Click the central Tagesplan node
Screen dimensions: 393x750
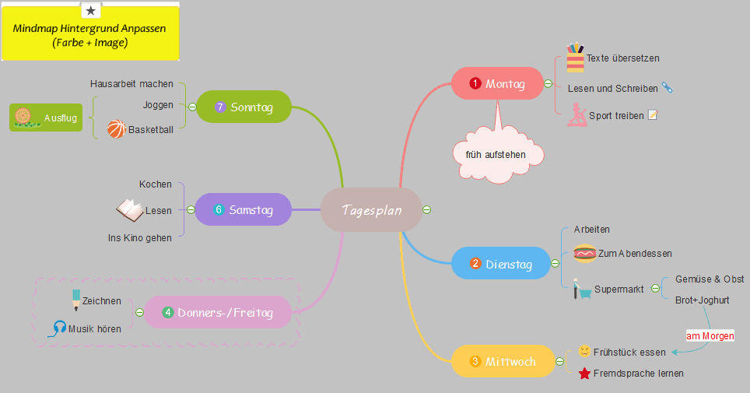pyautogui.click(x=371, y=210)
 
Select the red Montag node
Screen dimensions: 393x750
pyautogui.click(x=497, y=84)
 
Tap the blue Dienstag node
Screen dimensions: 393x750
pyautogui.click(x=500, y=264)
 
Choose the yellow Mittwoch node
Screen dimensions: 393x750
pyautogui.click(x=502, y=361)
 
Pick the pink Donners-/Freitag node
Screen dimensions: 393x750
pyautogui.click(x=218, y=313)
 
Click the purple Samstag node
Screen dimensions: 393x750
pyautogui.click(x=243, y=209)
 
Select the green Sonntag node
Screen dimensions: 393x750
pyautogui.click(x=244, y=107)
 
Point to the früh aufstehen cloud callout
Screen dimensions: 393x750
pyautogui.click(x=496, y=155)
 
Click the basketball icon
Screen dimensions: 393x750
pyautogui.click(x=116, y=128)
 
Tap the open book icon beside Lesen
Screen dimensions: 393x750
pyautogui.click(x=129, y=209)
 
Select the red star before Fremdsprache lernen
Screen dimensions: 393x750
pyautogui.click(x=584, y=374)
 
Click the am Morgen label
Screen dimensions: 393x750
pyautogui.click(x=710, y=336)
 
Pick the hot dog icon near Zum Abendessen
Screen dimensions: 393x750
pyautogui.click(x=584, y=253)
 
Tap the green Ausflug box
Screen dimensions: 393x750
pyautogui.click(x=45, y=118)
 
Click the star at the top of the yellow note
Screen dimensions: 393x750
pyautogui.click(x=91, y=10)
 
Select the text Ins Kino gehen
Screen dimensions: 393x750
pyautogui.click(x=140, y=237)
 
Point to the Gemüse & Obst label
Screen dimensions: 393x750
pyautogui.click(x=710, y=279)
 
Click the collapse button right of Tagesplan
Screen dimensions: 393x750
pyautogui.click(x=426, y=210)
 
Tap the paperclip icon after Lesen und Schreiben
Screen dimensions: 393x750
pyautogui.click(x=667, y=88)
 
